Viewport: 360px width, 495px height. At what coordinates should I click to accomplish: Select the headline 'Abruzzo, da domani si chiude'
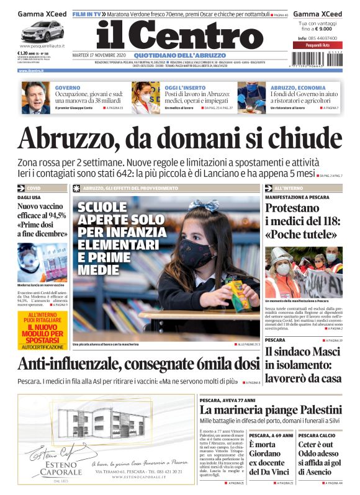tap(179, 138)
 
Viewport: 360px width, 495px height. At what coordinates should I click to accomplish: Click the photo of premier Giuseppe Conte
tap(36, 98)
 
